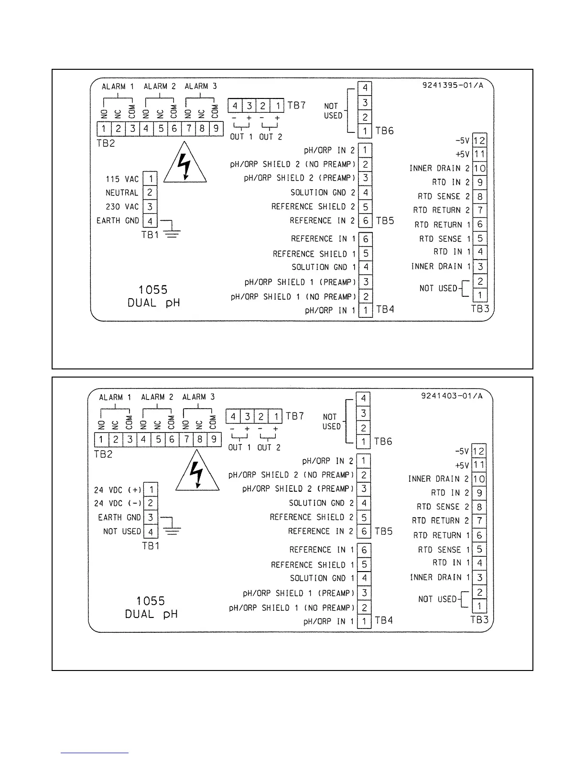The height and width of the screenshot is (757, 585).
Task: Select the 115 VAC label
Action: point(122,179)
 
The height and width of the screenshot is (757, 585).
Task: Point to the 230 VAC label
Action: point(122,207)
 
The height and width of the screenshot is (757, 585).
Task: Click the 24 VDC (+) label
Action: point(118,490)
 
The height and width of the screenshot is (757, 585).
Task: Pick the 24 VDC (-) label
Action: point(118,503)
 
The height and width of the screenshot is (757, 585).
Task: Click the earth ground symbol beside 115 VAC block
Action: point(172,231)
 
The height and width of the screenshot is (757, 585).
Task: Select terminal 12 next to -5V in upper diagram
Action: point(479,141)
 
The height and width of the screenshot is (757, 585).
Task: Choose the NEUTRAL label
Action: point(121,193)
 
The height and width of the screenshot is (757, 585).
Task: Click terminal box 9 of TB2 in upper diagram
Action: point(217,129)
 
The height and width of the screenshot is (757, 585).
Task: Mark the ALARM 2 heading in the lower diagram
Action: point(157,397)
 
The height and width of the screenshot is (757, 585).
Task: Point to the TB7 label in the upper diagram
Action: point(296,105)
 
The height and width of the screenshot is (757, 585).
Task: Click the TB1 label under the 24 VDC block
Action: point(151,546)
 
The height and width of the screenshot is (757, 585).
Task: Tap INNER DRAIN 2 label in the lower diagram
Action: point(438,479)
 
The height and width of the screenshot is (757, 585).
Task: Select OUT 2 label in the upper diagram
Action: point(271,137)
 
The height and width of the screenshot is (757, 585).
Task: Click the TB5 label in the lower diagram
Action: point(383,531)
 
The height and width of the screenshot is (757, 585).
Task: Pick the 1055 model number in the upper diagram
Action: point(153,290)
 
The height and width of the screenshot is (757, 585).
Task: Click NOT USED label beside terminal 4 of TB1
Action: point(122,531)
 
